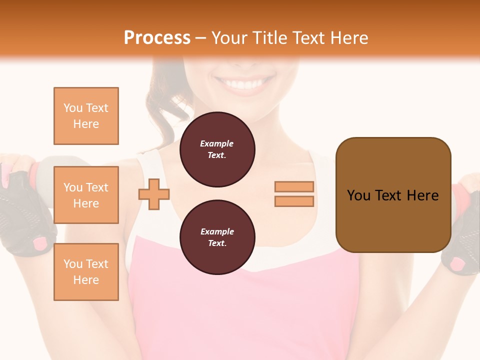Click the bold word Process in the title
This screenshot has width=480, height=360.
pyautogui.click(x=157, y=38)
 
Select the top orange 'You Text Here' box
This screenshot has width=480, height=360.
pyautogui.click(x=86, y=116)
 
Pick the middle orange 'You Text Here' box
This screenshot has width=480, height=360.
pyautogui.click(x=86, y=195)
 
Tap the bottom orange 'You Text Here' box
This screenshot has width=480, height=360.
pyautogui.click(x=86, y=272)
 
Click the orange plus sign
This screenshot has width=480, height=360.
pyautogui.click(x=154, y=194)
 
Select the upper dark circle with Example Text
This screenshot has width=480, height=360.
pyautogui.click(x=217, y=149)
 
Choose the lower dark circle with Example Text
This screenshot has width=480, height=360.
pyautogui.click(x=217, y=237)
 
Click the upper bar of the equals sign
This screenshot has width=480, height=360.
pyautogui.click(x=294, y=186)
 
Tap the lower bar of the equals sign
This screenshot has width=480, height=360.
pyautogui.click(x=294, y=201)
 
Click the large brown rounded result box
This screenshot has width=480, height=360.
pyautogui.click(x=393, y=195)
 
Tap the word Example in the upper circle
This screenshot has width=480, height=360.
pyautogui.click(x=217, y=143)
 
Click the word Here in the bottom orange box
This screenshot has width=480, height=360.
pyautogui.click(x=86, y=280)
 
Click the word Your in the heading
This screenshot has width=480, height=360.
pyautogui.click(x=228, y=38)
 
